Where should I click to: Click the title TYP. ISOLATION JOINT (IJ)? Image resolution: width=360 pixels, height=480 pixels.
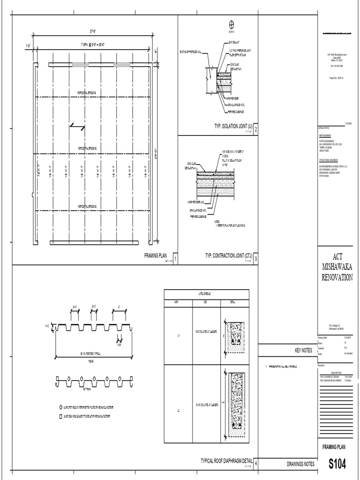tap(228, 126)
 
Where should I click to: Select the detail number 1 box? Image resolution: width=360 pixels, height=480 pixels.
tap(175, 258)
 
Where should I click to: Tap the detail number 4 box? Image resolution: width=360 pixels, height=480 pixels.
tap(255, 464)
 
